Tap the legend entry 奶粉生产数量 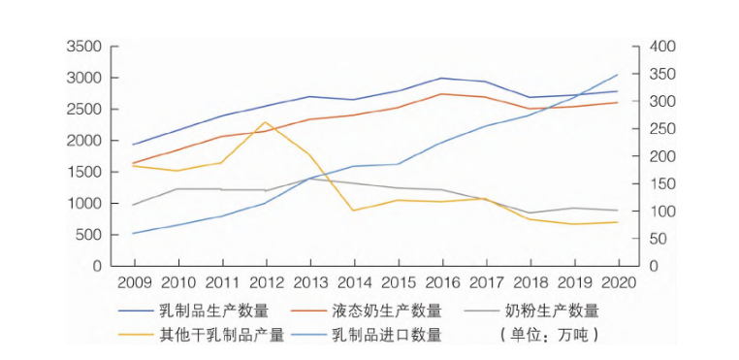552,311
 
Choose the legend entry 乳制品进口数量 386,335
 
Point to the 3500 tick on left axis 84,47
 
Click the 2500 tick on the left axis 84,110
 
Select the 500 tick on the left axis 88,235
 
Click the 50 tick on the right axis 643,239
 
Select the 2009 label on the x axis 134,281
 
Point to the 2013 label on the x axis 310,281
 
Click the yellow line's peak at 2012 266,122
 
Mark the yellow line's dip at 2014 354,211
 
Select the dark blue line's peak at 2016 442,78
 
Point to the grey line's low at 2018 530,213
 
